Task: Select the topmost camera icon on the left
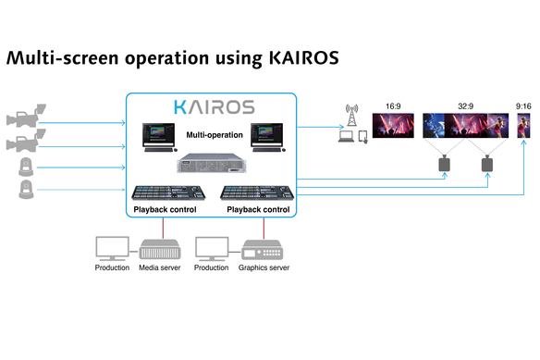click(x=22, y=120)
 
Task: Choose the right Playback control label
click(x=257, y=210)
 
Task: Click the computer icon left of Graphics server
click(x=213, y=248)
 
